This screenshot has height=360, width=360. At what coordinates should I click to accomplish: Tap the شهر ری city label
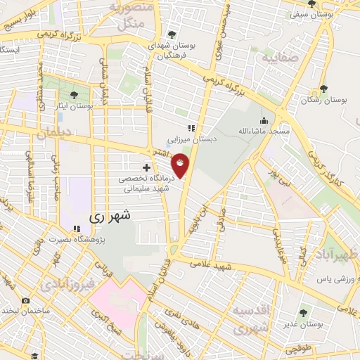pos(112,217)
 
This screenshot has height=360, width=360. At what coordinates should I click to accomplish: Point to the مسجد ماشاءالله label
pos(263,131)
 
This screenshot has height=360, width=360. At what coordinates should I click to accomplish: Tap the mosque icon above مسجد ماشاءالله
pos(264,119)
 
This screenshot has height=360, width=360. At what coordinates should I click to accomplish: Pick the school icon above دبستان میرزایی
pos(191,128)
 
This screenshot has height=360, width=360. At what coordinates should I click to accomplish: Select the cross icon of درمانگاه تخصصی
pos(146,167)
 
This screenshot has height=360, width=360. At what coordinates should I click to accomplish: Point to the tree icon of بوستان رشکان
pos(323,89)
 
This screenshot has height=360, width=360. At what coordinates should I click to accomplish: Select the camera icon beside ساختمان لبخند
pos(26,301)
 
